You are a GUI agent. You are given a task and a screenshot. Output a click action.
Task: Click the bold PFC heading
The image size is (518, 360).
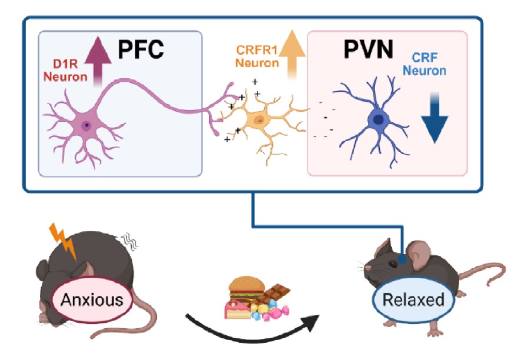coord(141,49)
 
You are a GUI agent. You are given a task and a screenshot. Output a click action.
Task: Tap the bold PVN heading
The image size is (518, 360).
coord(368,49)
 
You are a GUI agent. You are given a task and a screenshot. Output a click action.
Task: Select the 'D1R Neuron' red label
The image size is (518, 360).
coord(65,70)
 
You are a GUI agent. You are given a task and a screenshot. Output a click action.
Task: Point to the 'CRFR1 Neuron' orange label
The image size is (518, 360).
coord(257,56)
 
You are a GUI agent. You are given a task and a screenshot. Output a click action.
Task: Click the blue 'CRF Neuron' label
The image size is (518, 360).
coord(425,64)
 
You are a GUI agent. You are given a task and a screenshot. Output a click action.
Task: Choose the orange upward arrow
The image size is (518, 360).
coord(292,54)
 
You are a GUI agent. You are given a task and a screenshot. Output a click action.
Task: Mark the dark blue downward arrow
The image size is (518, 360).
coord(435,118)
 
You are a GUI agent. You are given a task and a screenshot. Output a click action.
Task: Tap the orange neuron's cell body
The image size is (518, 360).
coord(258,119)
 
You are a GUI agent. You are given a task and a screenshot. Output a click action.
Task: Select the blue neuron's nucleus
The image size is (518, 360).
coord(378,119)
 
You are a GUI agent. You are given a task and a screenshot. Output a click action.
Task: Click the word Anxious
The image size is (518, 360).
coord(92,300)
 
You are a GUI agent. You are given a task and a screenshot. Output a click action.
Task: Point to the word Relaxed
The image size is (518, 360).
coord(413,300)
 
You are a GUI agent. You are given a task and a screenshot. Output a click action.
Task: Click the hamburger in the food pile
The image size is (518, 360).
coord(247,288)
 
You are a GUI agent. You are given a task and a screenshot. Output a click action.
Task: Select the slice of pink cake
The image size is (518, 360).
coord(237,309)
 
